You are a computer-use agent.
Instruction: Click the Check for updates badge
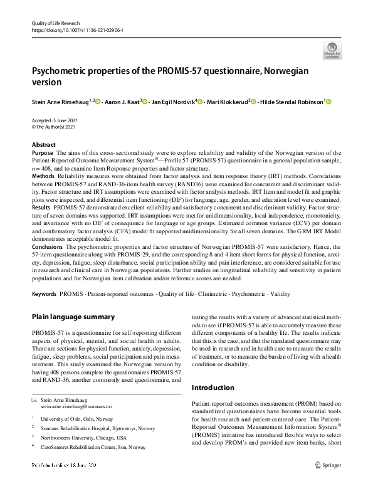tap(332, 50)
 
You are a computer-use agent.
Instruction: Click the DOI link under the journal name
tap(76, 29)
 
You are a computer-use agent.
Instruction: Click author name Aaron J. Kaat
tap(122, 101)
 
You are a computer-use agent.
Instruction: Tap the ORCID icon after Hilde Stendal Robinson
tap(328, 101)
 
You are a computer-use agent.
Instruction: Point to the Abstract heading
tap(43, 145)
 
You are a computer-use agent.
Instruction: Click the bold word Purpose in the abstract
tap(42, 152)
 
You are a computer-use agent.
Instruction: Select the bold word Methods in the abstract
tap(43, 177)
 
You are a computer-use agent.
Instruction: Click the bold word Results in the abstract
tap(41, 206)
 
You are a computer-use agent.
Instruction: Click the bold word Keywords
tap(46, 294)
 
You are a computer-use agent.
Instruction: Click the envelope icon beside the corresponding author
tap(34, 399)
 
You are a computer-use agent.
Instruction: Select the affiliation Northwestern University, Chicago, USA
tap(83, 438)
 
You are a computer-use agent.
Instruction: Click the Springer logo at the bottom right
tap(328, 465)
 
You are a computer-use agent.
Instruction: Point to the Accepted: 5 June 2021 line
tap(57, 121)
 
